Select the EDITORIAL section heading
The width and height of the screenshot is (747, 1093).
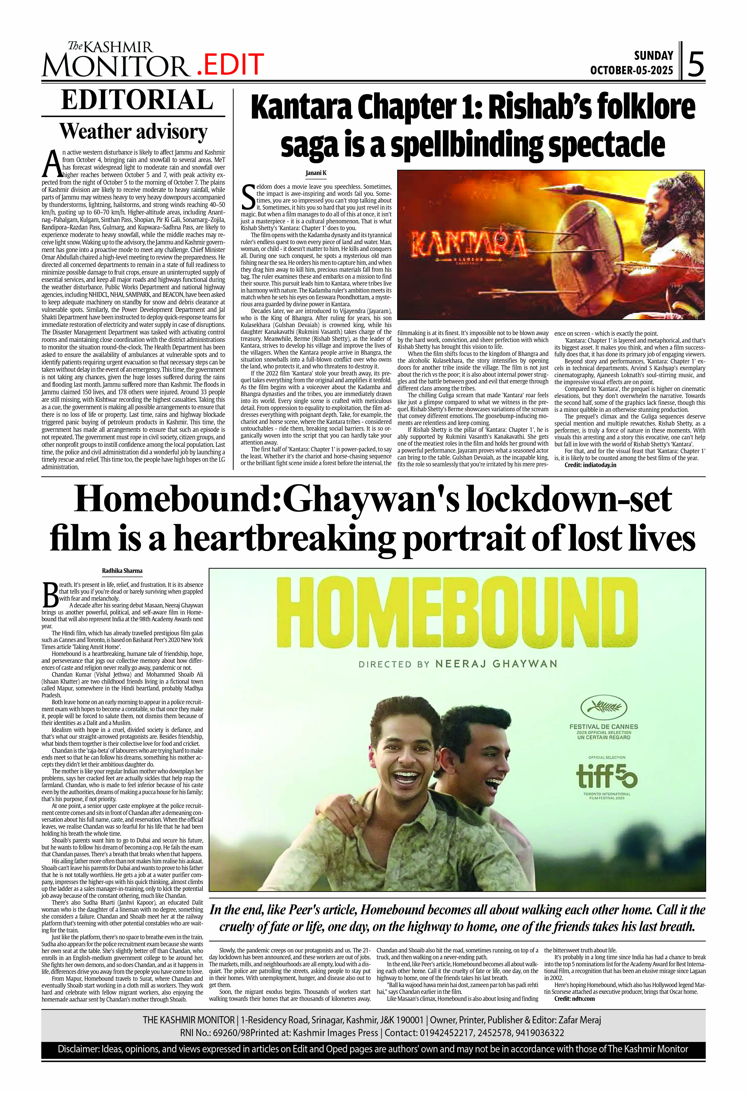click(137, 100)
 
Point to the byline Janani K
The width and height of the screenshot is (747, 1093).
click(316, 173)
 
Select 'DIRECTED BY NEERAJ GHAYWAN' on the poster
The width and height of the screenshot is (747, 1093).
click(457, 664)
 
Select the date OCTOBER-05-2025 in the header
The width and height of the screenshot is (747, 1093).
click(632, 71)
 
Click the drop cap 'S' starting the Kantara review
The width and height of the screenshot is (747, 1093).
click(248, 198)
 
